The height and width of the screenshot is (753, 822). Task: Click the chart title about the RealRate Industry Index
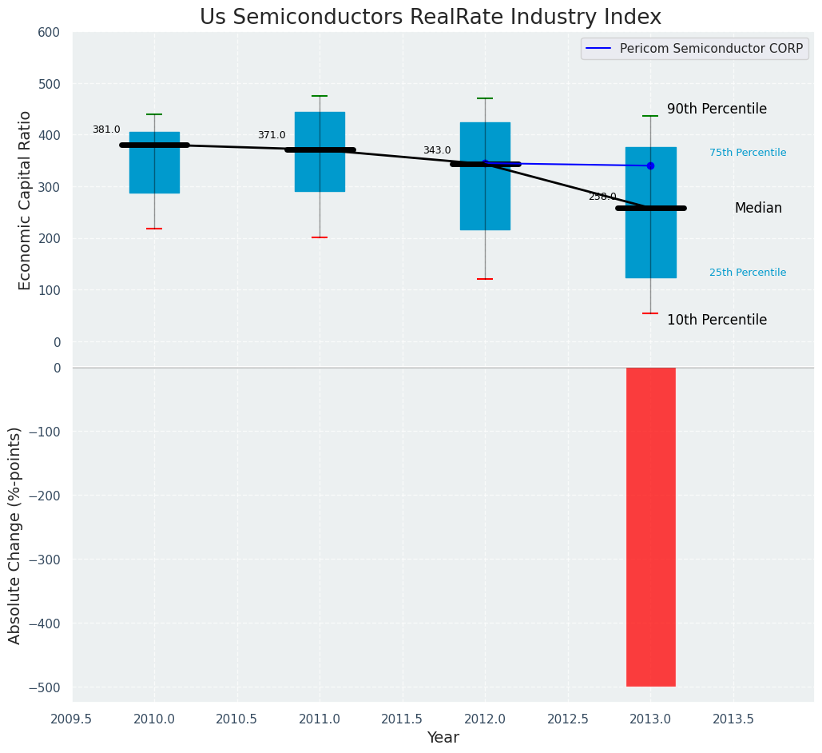coord(430,18)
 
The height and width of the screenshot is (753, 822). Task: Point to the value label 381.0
coord(106,129)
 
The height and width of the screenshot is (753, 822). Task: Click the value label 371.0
coord(272,135)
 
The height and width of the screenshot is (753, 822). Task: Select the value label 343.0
coord(437,150)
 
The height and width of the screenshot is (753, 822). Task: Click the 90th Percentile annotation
coord(717,110)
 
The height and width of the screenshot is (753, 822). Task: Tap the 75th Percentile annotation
coord(747,153)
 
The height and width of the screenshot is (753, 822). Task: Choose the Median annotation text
coord(758,209)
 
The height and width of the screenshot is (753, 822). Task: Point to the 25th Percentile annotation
coord(747,273)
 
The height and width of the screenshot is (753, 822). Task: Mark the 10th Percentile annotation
coord(717,320)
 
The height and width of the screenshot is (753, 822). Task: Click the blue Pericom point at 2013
coord(650,165)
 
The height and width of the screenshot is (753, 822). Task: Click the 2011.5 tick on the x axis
coord(403,719)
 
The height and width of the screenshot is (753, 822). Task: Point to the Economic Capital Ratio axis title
coord(25,200)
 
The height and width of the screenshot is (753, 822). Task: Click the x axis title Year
coord(443,738)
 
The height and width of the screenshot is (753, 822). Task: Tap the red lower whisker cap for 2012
coord(485,279)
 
